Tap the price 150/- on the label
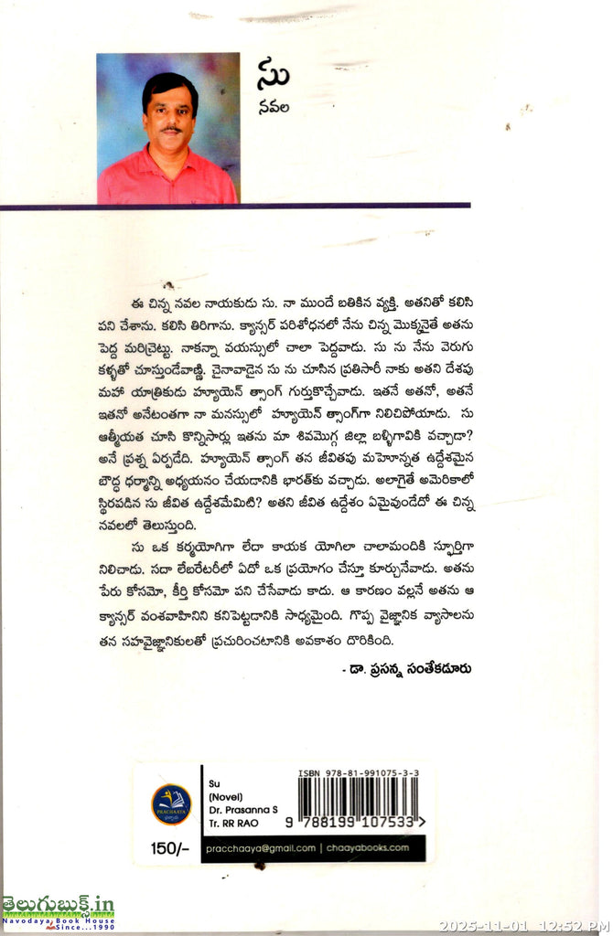(168, 849)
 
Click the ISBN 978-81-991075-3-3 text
(358, 773)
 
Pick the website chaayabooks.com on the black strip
(370, 848)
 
